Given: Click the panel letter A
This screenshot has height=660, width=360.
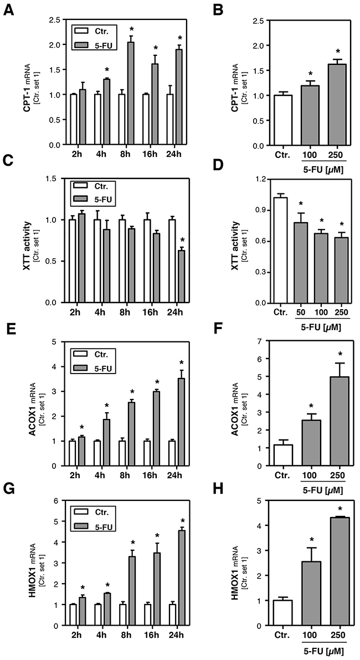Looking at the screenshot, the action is click(x=8, y=9).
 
